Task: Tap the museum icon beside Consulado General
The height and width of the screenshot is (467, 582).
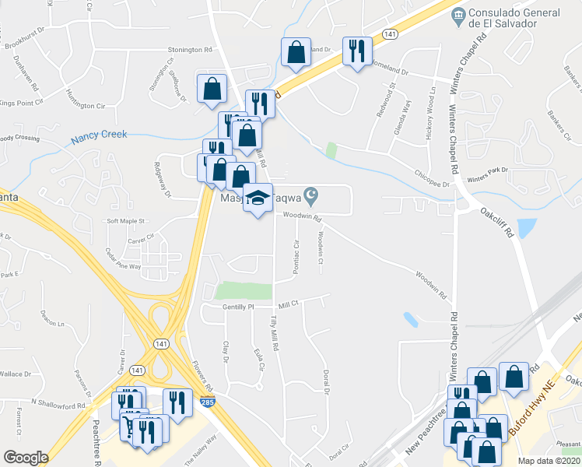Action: [x=459, y=13]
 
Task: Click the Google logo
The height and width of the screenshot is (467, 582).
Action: [x=26, y=457]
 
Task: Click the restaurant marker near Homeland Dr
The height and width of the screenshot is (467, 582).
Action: [x=356, y=51]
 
